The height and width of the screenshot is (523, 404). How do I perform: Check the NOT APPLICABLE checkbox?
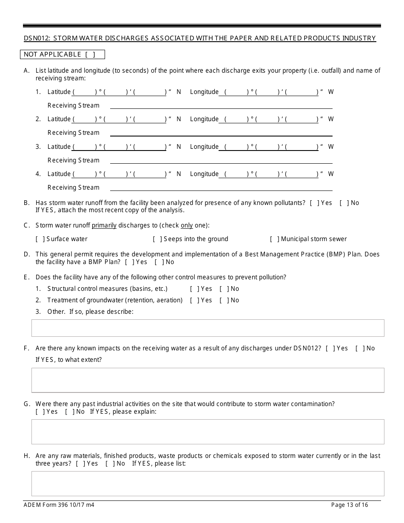click(x=90, y=54)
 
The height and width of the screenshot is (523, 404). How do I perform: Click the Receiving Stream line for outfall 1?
click(x=221, y=105)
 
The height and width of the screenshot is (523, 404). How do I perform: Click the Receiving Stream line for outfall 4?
click(x=221, y=188)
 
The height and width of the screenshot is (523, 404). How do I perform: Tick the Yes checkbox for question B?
click(x=314, y=203)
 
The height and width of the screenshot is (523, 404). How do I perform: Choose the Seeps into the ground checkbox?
click(x=156, y=239)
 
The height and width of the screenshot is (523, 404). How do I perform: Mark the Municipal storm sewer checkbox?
click(x=274, y=239)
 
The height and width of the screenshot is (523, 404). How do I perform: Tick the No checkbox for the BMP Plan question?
click(x=159, y=262)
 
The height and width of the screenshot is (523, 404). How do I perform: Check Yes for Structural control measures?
click(x=194, y=289)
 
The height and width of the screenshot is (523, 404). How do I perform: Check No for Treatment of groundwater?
click(x=223, y=300)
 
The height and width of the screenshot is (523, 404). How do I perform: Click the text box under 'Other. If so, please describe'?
click(x=208, y=328)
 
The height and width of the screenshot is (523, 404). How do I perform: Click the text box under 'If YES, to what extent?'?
click(x=208, y=380)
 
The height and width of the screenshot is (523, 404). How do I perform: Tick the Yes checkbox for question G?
click(x=40, y=412)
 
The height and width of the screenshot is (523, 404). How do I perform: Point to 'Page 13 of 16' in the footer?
click(x=350, y=505)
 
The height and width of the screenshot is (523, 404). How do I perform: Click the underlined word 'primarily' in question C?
click(x=104, y=225)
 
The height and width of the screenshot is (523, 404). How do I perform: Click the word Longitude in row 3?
click(x=204, y=147)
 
